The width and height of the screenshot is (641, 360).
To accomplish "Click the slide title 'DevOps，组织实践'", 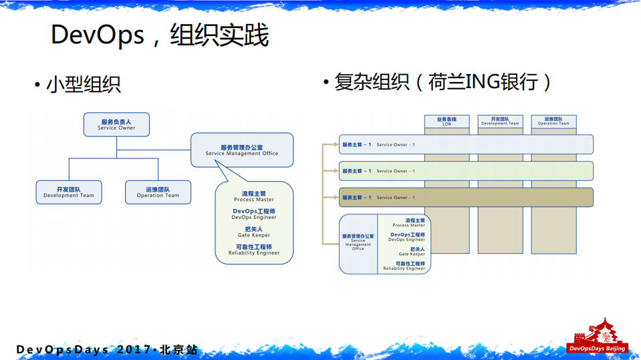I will (x=160, y=35).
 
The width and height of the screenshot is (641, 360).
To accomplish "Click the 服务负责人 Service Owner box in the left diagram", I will (x=116, y=125).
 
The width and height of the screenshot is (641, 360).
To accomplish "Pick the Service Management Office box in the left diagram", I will (x=242, y=150).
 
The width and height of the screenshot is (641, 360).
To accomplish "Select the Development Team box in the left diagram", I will (x=69, y=192).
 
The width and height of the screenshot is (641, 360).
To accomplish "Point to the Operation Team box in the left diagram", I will (x=158, y=192).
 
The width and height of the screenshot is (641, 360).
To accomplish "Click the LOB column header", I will (x=446, y=122).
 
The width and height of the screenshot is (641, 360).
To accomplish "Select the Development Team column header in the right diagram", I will (x=500, y=122).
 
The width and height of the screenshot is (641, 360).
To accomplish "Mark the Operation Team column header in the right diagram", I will (x=553, y=122).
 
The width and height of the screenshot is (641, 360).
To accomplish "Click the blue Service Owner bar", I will (x=466, y=144).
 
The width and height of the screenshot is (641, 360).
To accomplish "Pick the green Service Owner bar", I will (x=466, y=171).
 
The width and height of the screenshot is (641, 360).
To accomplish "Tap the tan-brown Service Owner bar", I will (x=466, y=197).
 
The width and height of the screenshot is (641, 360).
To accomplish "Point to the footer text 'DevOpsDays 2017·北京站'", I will (x=107, y=350).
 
